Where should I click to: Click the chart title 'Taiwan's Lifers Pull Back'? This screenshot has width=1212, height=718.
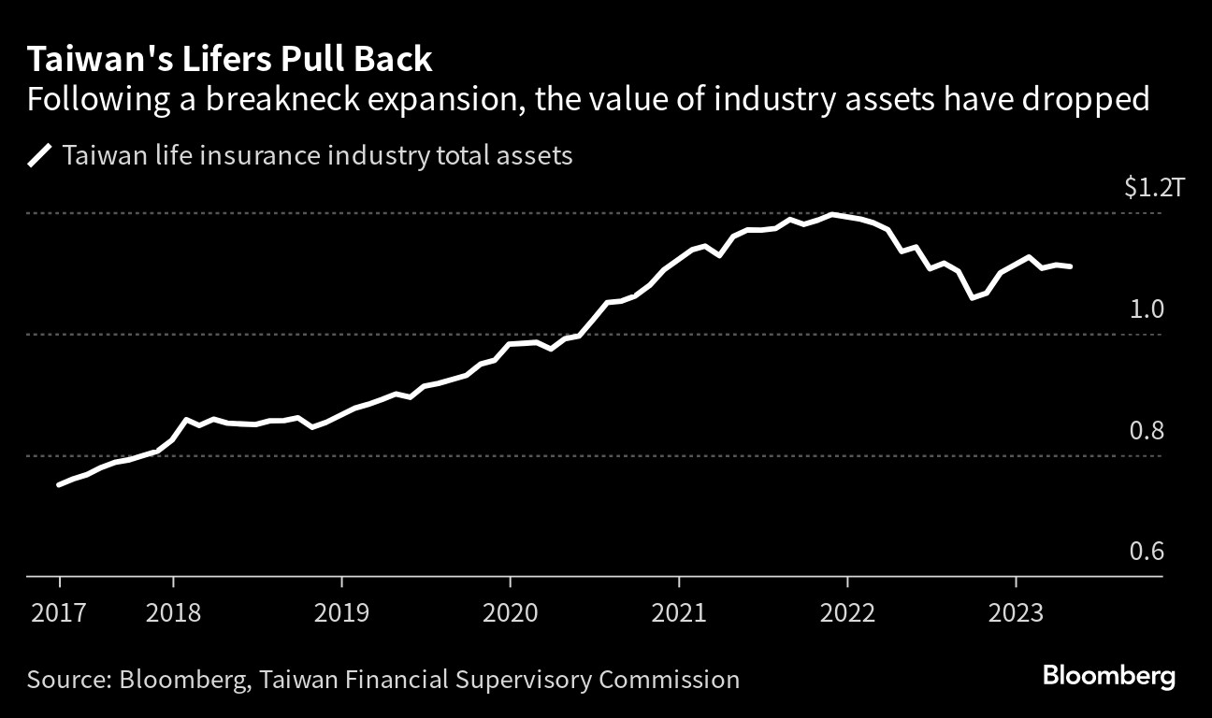(230, 60)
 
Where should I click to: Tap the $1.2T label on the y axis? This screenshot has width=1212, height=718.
(1144, 188)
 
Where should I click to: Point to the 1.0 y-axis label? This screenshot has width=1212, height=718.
(1147, 309)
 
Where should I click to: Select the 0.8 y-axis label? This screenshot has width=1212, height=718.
(1147, 431)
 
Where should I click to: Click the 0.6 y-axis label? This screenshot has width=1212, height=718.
(1147, 552)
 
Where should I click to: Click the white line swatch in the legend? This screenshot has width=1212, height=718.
(40, 154)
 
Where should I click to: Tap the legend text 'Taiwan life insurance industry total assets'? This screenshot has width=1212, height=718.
(317, 154)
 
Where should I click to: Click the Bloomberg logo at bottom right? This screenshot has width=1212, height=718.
(1109, 676)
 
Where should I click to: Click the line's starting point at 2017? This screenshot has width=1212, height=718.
(59, 484)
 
